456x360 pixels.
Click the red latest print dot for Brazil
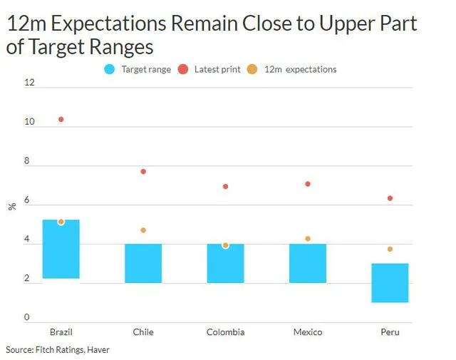coord(61,119)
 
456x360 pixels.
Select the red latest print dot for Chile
coord(143,172)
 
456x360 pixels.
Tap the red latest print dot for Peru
coord(390,198)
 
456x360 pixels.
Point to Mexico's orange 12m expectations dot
coord(308,239)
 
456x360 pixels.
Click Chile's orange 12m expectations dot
coord(143,230)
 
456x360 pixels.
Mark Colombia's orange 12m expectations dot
coord(225,245)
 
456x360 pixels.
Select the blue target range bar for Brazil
coord(61,249)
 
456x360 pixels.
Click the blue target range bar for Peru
coord(390,283)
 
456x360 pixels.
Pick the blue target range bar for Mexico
coord(308,264)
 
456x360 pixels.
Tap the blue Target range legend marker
coord(109,70)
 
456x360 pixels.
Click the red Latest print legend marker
coord(182,70)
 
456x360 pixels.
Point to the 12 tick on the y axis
coord(29,83)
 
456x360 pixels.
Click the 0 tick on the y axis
coord(27,317)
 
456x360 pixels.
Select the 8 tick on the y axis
coord(28,161)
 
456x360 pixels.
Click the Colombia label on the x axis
coord(225,332)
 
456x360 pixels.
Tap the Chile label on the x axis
coord(143,332)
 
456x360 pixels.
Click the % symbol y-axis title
coord(11,207)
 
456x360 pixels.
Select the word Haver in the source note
coord(98,350)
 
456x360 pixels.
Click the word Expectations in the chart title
coord(101,24)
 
